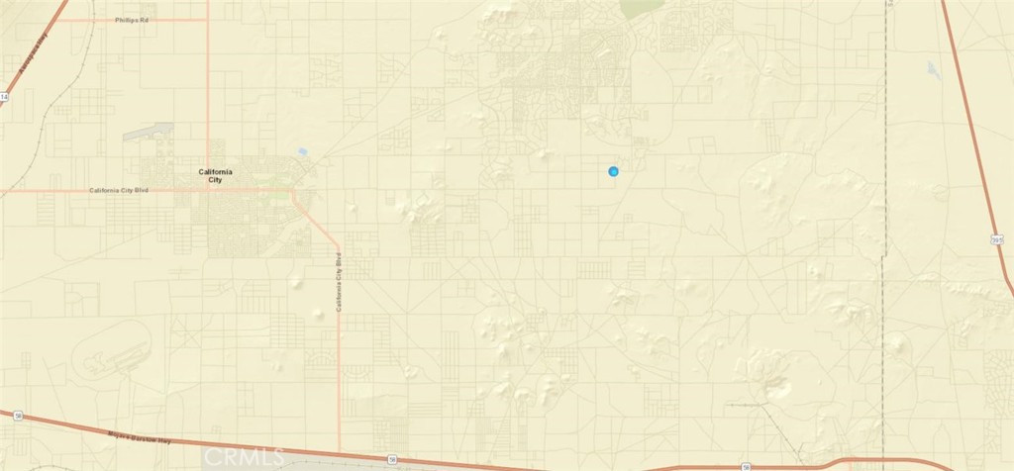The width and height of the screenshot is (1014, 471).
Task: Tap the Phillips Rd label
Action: (131, 20)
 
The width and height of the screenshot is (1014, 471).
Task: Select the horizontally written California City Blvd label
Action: (117, 190)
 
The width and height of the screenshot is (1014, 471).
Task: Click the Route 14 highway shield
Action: (4, 97)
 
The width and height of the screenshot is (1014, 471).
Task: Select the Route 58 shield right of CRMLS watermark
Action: (392, 459)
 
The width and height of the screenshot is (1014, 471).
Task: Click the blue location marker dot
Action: (614, 172)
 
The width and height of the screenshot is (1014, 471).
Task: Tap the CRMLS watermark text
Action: (243, 456)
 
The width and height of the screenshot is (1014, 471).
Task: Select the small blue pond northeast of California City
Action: (301, 152)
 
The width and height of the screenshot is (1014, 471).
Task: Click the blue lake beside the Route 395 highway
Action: (932, 69)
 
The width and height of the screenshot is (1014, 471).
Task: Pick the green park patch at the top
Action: (642, 7)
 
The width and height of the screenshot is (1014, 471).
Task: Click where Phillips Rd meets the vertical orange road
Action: (208, 20)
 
